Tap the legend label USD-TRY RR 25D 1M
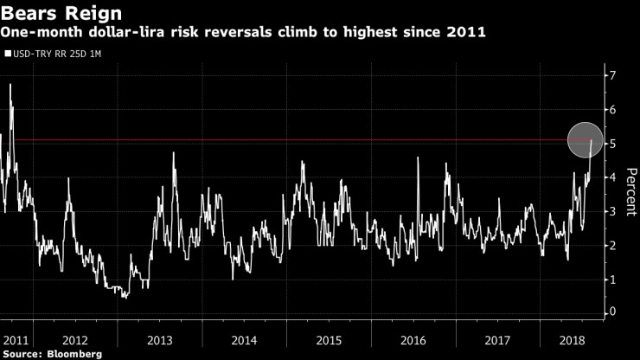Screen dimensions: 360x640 tap(55, 54)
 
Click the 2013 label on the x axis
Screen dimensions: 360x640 tap(160, 338)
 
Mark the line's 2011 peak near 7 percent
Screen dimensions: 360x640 tap(10, 84)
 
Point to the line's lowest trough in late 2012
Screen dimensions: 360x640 tap(125, 297)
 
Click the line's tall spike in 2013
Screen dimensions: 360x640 tap(174, 153)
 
